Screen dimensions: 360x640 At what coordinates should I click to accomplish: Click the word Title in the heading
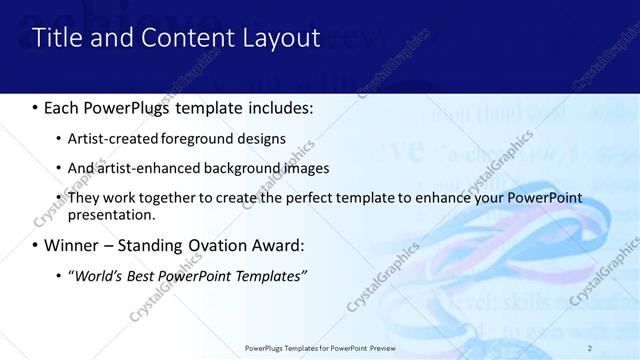[x=57, y=38]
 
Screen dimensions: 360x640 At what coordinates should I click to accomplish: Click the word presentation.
[x=111, y=214]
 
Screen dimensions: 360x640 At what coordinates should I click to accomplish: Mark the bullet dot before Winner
[x=35, y=246]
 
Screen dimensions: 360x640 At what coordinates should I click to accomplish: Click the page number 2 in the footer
[x=590, y=347]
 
